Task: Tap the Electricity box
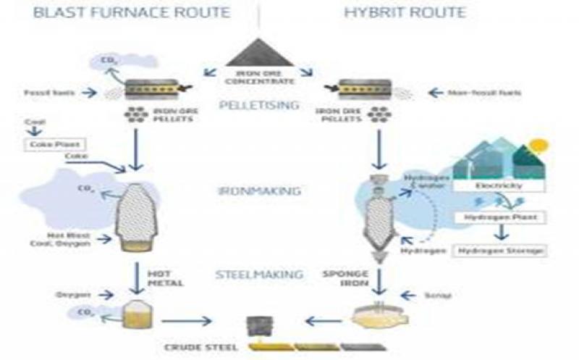pyautogui.click(x=499, y=186)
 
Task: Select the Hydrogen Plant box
pyautogui.click(x=499, y=218)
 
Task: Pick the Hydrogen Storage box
pyautogui.click(x=499, y=251)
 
